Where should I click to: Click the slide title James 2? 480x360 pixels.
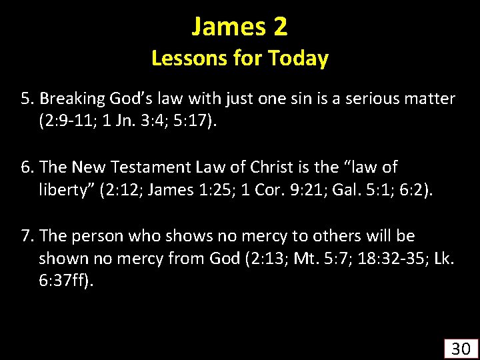point(239,27)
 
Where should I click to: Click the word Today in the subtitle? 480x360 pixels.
point(298,59)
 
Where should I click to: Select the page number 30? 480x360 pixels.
point(461,348)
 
